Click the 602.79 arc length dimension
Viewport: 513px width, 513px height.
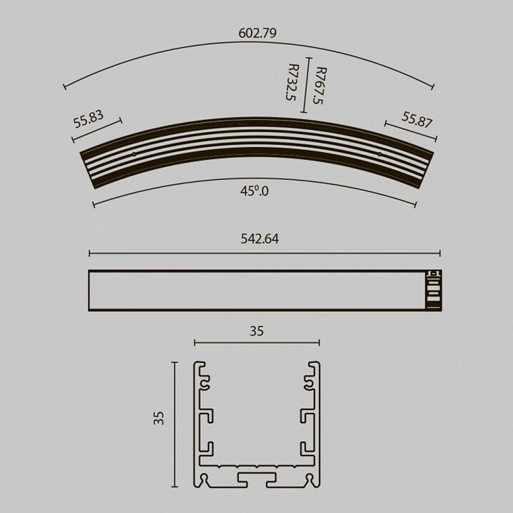[x=258, y=33]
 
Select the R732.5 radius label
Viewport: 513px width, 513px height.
[x=293, y=82]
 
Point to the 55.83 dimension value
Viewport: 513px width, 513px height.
[x=88, y=119]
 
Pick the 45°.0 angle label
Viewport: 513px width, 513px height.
[x=254, y=191]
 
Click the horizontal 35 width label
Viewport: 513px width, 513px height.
[x=256, y=331]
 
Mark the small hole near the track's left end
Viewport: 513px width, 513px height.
[x=134, y=153]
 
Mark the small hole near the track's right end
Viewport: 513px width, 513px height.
[x=380, y=153]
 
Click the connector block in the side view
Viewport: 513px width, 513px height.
[x=433, y=290]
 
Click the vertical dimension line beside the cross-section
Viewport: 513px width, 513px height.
[x=175, y=424]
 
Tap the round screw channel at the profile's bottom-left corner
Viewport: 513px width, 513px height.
[x=206, y=479]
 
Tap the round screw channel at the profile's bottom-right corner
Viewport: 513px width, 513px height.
[x=309, y=479]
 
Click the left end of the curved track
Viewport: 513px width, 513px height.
[x=88, y=169]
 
